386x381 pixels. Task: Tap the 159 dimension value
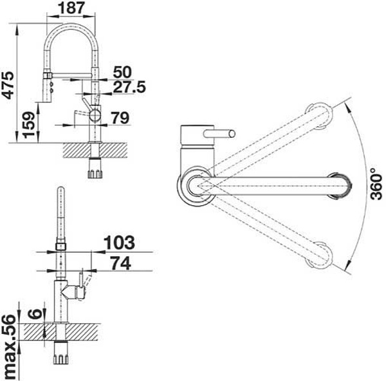(x=29, y=124)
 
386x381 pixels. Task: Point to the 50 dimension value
(x=122, y=72)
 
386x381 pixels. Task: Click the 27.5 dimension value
(x=129, y=87)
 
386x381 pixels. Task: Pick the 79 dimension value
(x=120, y=118)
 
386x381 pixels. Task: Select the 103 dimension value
(x=119, y=243)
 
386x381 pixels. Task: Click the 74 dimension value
(x=120, y=263)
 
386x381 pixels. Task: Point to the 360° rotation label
(x=376, y=183)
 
